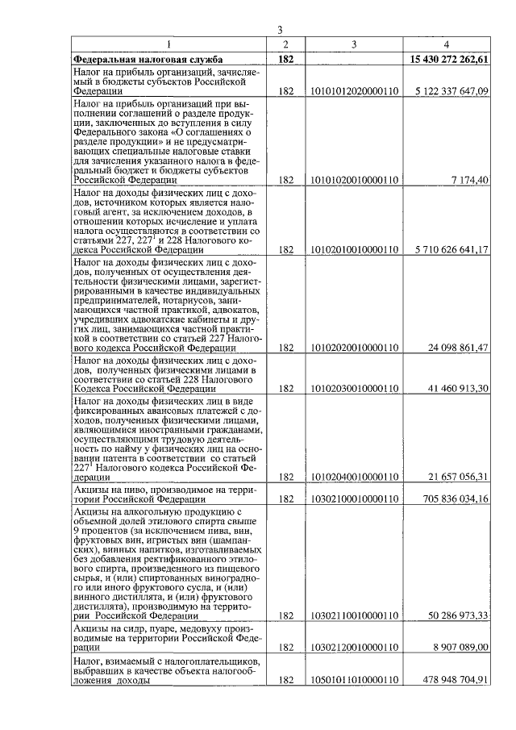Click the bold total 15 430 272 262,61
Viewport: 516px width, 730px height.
(x=449, y=59)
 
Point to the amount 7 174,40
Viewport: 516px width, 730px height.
(x=470, y=179)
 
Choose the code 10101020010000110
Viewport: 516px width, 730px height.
(x=354, y=179)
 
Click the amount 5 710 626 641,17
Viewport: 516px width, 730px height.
(x=452, y=250)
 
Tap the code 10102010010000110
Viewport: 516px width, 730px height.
(x=354, y=250)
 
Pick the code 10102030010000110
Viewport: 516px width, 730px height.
(x=354, y=388)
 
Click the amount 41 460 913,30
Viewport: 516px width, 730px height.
(x=457, y=388)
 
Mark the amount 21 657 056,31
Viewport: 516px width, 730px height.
(x=457, y=477)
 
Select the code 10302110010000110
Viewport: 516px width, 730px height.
(x=354, y=615)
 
